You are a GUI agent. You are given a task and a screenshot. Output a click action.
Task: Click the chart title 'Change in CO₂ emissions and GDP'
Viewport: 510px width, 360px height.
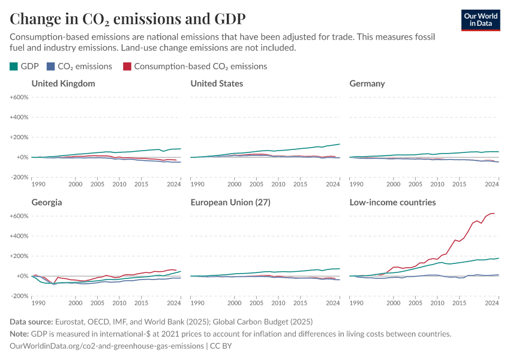[127, 18]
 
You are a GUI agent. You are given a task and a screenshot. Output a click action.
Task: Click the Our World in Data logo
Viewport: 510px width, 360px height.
[481, 20]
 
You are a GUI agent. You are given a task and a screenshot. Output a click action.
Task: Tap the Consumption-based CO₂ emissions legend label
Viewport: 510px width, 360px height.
[200, 67]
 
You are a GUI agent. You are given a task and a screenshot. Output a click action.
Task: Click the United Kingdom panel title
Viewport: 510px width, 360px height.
[63, 83]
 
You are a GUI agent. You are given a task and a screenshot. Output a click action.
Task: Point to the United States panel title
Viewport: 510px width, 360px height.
[217, 83]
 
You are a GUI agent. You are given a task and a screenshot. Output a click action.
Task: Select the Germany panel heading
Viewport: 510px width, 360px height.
[367, 83]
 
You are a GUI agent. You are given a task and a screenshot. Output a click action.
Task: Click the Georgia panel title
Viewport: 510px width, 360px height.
[47, 202]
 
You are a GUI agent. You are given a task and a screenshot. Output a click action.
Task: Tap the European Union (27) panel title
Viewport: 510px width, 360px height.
[230, 202]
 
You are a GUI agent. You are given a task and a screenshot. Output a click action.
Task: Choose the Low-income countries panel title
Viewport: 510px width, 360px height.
[392, 202]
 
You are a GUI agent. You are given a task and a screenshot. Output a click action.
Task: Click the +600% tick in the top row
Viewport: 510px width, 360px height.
[19, 97]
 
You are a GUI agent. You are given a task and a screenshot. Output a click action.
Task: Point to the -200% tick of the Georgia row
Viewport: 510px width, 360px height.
[19, 296]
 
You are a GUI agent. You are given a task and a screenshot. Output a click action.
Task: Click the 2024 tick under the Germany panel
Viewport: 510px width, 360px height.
[491, 184]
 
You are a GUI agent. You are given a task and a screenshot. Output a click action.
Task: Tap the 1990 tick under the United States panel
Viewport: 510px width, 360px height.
[199, 184]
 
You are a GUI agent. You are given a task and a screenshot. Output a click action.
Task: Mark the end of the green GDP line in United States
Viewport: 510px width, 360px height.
[340, 144]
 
